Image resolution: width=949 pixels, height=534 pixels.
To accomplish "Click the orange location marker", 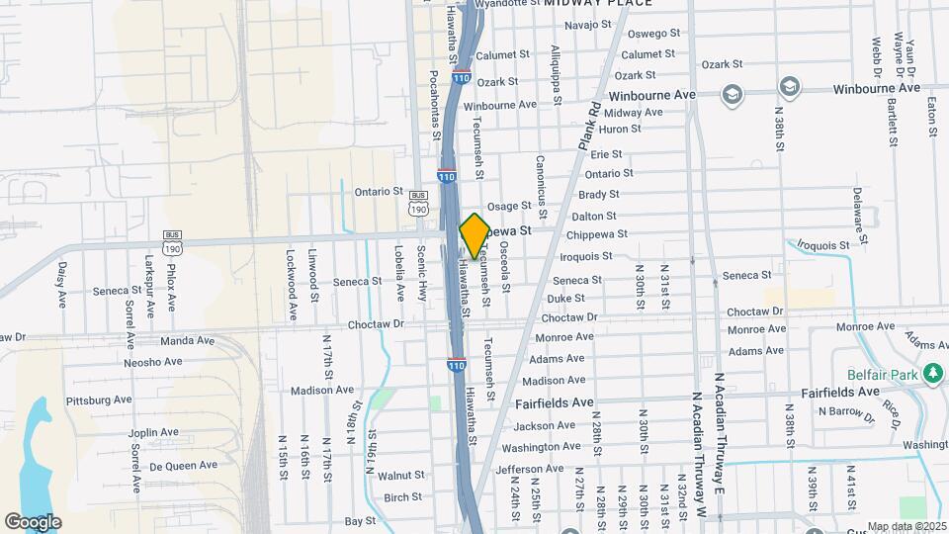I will (474, 235).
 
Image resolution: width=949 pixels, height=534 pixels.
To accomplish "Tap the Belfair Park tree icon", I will (931, 374).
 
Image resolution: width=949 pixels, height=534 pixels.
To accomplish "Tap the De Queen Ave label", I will (183, 466).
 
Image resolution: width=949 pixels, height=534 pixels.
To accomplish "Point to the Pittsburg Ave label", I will (99, 400).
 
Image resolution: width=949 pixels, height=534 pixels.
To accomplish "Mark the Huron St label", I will (620, 129).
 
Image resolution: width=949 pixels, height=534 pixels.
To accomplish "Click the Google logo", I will (33, 521).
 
